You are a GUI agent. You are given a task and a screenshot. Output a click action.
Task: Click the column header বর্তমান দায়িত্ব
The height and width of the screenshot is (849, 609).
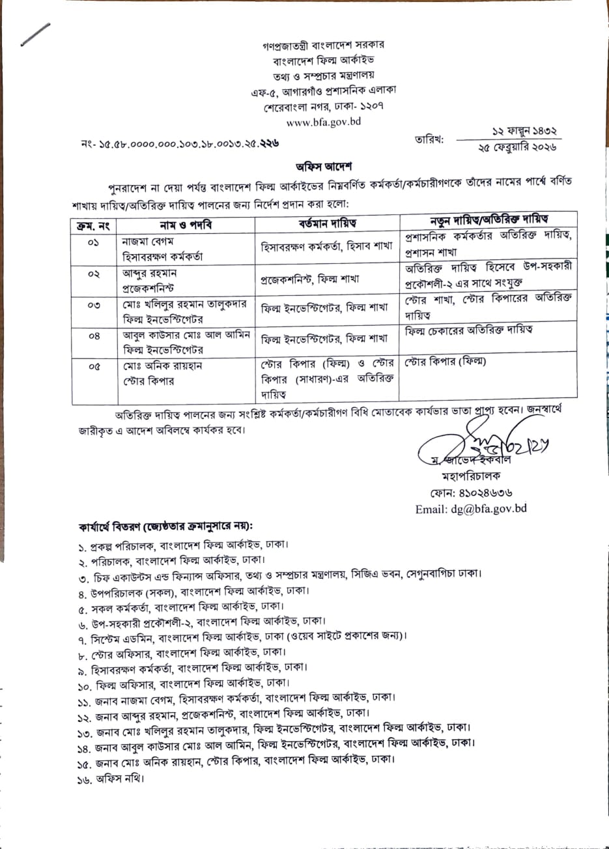(328, 224)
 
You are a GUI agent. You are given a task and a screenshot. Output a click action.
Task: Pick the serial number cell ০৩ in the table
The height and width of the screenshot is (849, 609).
(93, 305)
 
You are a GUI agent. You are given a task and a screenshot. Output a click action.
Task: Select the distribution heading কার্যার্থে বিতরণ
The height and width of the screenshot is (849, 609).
(166, 525)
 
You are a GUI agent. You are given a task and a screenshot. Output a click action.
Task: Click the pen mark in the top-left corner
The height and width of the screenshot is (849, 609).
(35, 34)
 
